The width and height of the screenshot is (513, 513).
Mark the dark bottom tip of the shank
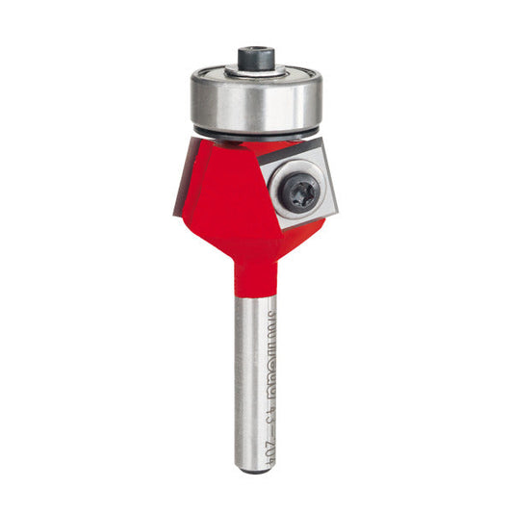tap(256, 445)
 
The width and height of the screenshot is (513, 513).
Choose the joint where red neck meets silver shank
tap(256, 290)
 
